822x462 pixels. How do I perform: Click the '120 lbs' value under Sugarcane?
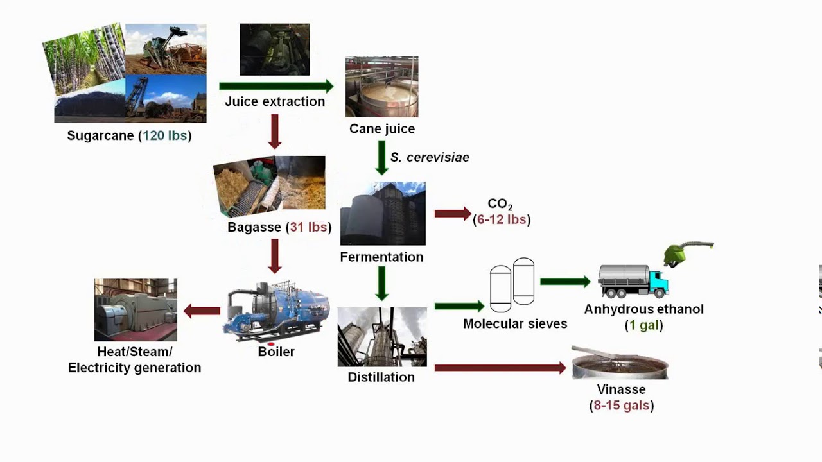pyautogui.click(x=164, y=136)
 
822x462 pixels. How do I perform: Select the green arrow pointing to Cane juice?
pyautogui.click(x=275, y=86)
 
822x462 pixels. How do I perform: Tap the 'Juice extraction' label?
pyautogui.click(x=275, y=101)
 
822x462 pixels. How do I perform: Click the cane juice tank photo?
pyautogui.click(x=381, y=87)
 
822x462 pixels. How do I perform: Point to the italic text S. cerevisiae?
pyautogui.click(x=430, y=157)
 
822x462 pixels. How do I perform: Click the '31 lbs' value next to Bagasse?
pyautogui.click(x=309, y=227)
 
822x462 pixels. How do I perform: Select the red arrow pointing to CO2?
pyautogui.click(x=453, y=214)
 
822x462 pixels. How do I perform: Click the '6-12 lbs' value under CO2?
pyautogui.click(x=502, y=219)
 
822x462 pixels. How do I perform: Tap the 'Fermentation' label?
pyautogui.click(x=381, y=257)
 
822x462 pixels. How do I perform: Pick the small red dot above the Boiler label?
pyautogui.click(x=271, y=345)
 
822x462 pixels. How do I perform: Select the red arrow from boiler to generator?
pyautogui.click(x=202, y=311)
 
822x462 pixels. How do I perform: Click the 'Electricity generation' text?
pyautogui.click(x=134, y=368)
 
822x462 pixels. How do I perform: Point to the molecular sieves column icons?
pyautogui.click(x=512, y=284)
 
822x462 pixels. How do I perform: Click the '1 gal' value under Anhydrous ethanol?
pyautogui.click(x=644, y=325)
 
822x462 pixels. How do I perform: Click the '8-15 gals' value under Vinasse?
pyautogui.click(x=622, y=406)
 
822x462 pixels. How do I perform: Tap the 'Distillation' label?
pyautogui.click(x=381, y=377)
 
